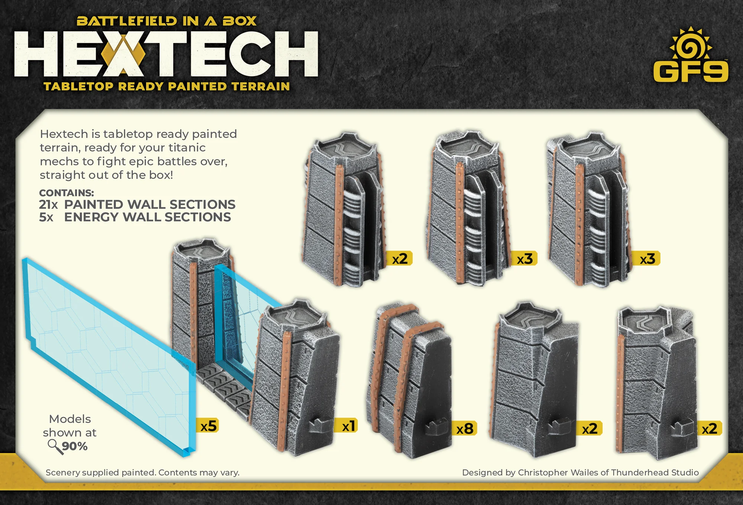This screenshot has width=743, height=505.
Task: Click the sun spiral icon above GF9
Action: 691,44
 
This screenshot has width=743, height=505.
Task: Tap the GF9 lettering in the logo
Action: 691,71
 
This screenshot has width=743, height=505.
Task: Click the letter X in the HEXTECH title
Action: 123,54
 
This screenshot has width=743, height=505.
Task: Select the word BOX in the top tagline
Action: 240,21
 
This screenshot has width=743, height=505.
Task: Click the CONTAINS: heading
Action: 66,193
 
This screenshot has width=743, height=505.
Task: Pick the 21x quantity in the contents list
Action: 49,205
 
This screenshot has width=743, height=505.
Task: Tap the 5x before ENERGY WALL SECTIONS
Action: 46,217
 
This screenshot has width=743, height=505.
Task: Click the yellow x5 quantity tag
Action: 207,426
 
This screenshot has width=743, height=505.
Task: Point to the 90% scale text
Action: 75,446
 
